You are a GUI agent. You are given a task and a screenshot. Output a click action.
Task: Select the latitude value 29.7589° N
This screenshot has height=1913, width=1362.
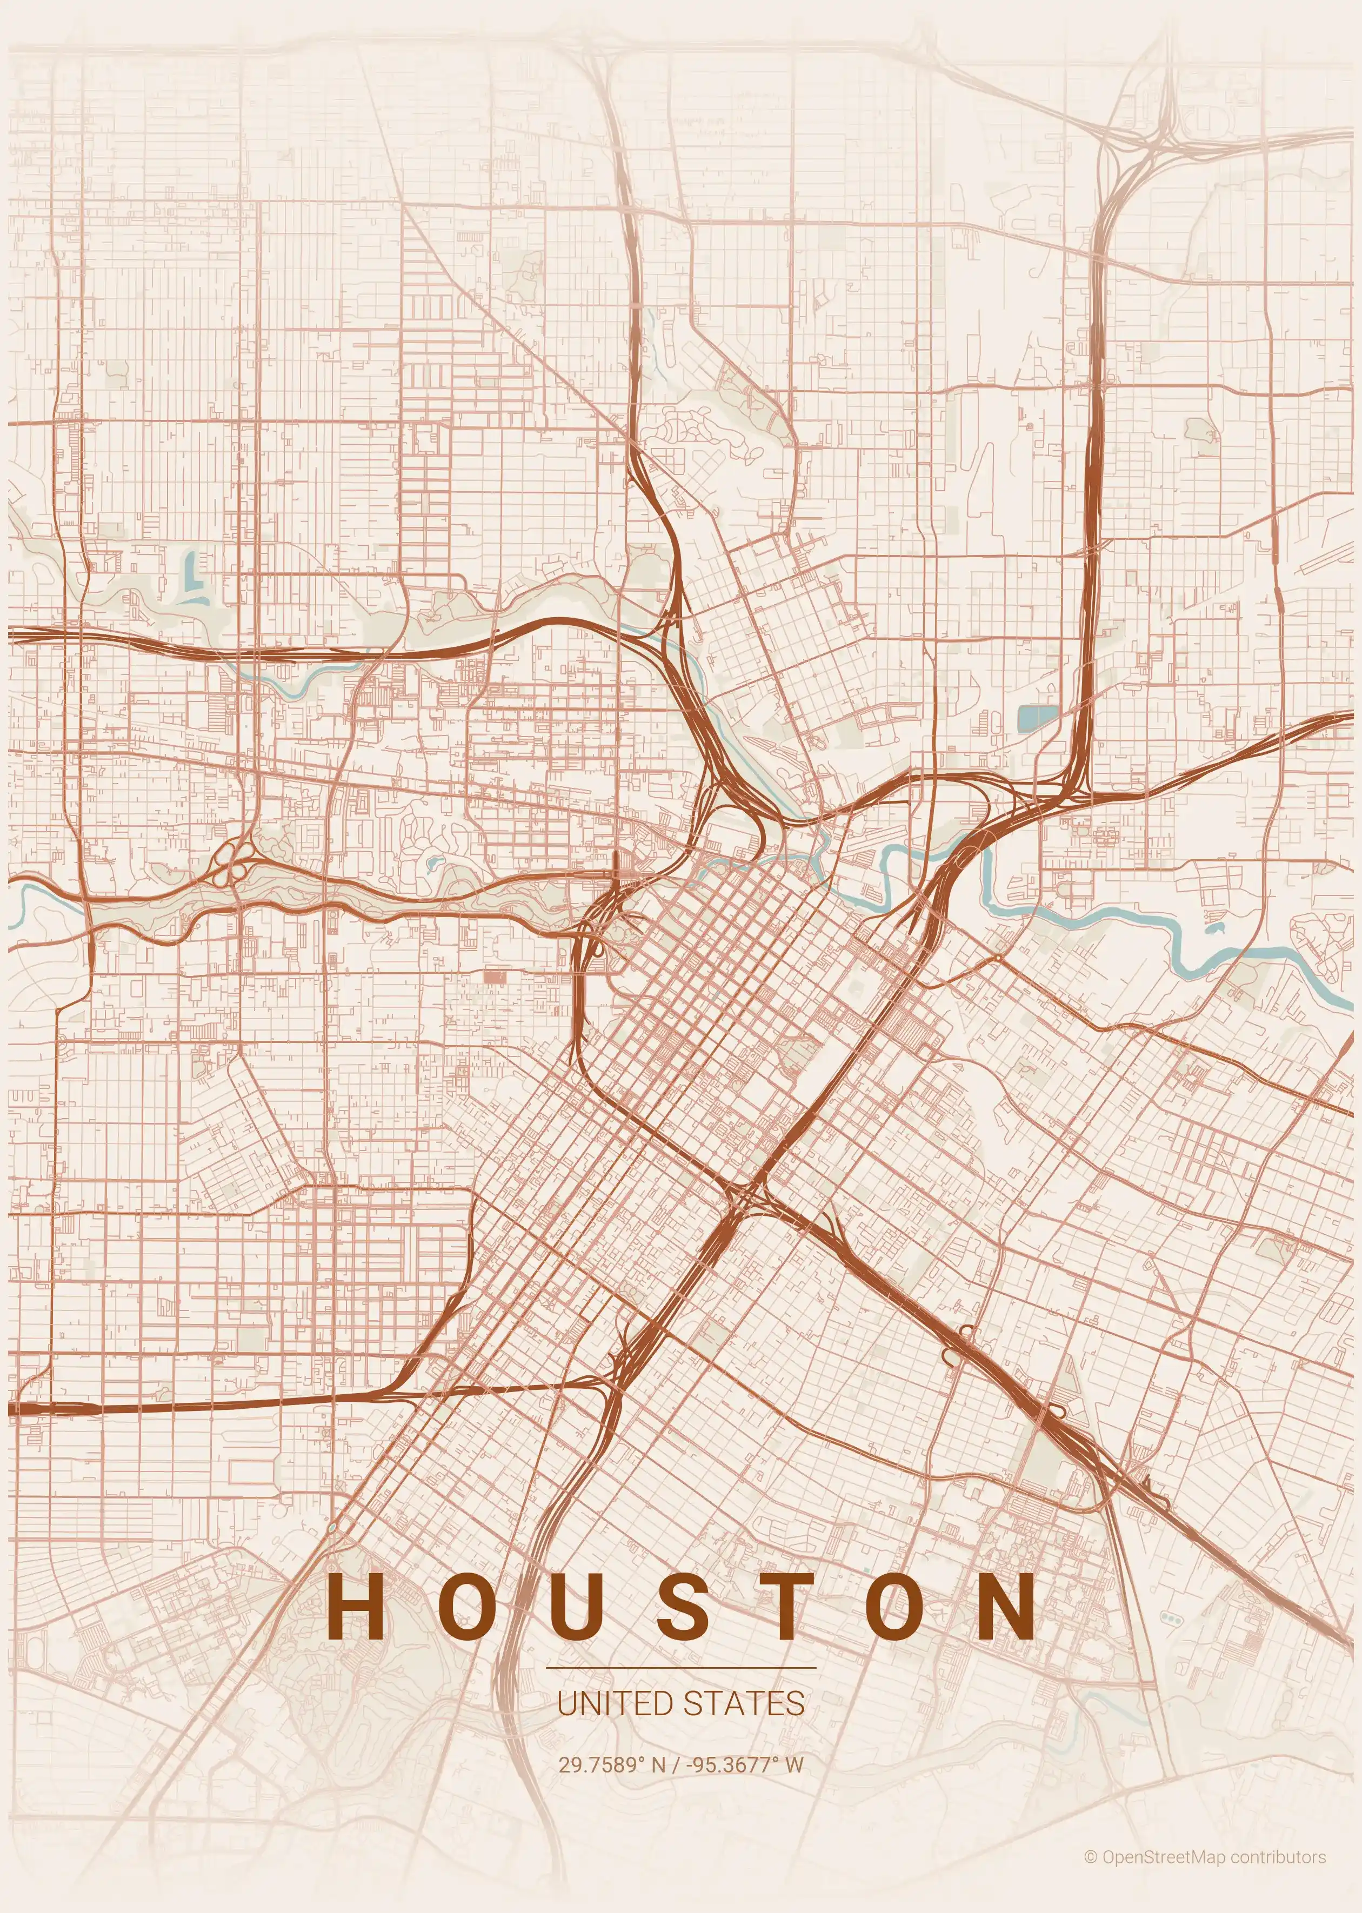(x=611, y=1764)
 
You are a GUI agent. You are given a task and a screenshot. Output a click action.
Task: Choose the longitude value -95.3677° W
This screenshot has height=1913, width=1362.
(x=745, y=1764)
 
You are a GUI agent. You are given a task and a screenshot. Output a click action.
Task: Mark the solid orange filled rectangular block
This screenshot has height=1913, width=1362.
(x=495, y=976)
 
